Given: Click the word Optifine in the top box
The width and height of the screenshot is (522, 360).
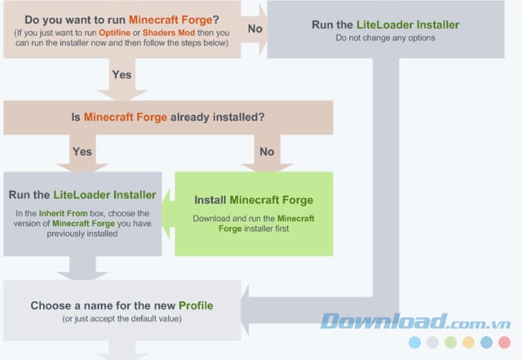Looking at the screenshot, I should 130,32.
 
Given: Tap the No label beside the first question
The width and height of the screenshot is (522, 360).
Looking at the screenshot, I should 254,29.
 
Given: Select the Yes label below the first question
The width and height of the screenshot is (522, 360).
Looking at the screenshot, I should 122,73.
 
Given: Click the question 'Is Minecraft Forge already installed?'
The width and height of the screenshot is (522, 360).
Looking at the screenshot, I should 168,117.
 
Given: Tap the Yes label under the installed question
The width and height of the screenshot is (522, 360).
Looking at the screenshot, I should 82,151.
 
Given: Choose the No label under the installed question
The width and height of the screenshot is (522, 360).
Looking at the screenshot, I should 267,151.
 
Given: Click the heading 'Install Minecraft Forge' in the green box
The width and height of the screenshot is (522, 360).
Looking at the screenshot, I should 254,200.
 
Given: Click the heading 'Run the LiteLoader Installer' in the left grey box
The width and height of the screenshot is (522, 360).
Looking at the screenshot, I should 82,195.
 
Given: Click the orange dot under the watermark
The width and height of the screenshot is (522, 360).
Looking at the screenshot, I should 468,343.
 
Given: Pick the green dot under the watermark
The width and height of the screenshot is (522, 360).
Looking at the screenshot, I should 450,343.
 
